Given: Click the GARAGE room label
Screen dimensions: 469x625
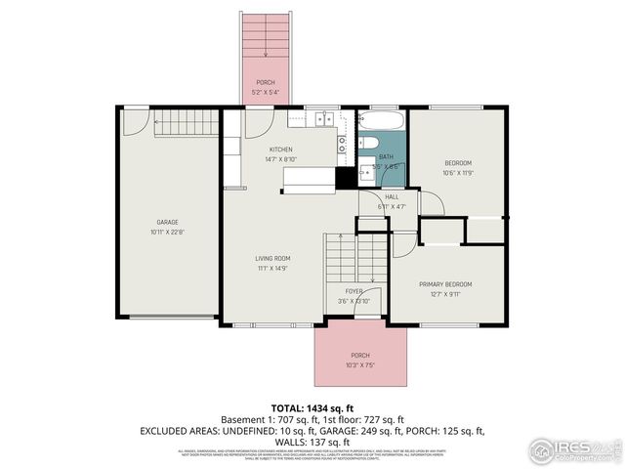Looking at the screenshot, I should pos(168,222).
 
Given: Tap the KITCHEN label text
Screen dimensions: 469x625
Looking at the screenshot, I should pos(281,149).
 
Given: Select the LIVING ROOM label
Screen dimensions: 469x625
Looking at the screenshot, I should pos(274,258).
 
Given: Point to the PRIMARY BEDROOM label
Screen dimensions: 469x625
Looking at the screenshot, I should pos(445,284).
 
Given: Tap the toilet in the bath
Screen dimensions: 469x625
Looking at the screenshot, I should pos(366,164).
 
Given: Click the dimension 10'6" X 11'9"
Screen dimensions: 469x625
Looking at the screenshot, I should pos(458,173).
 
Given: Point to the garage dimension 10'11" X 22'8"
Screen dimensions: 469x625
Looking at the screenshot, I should pos(168,233).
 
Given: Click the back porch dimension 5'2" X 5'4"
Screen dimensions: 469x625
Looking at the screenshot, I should pos(266,92).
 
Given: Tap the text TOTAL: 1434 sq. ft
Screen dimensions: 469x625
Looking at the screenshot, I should pos(312,406).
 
